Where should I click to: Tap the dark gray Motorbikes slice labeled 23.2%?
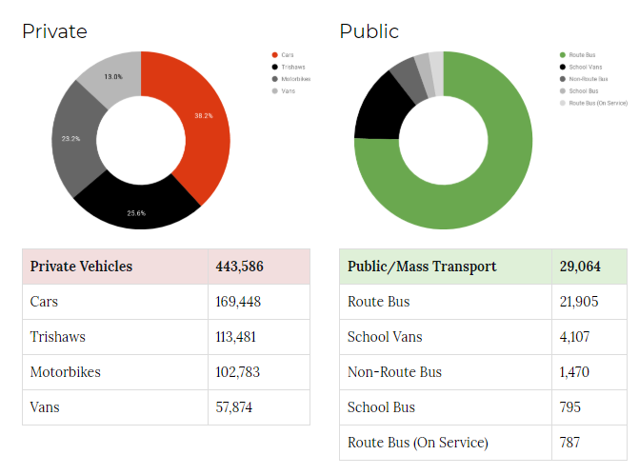click(72, 140)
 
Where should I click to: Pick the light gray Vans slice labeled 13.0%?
click(111, 76)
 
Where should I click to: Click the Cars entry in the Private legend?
click(288, 55)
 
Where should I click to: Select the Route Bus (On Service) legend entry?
click(598, 103)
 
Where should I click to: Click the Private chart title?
click(54, 31)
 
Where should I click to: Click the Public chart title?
click(369, 31)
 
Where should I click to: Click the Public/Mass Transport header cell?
click(422, 267)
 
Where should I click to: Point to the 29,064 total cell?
click(581, 267)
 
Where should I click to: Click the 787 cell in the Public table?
click(570, 443)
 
